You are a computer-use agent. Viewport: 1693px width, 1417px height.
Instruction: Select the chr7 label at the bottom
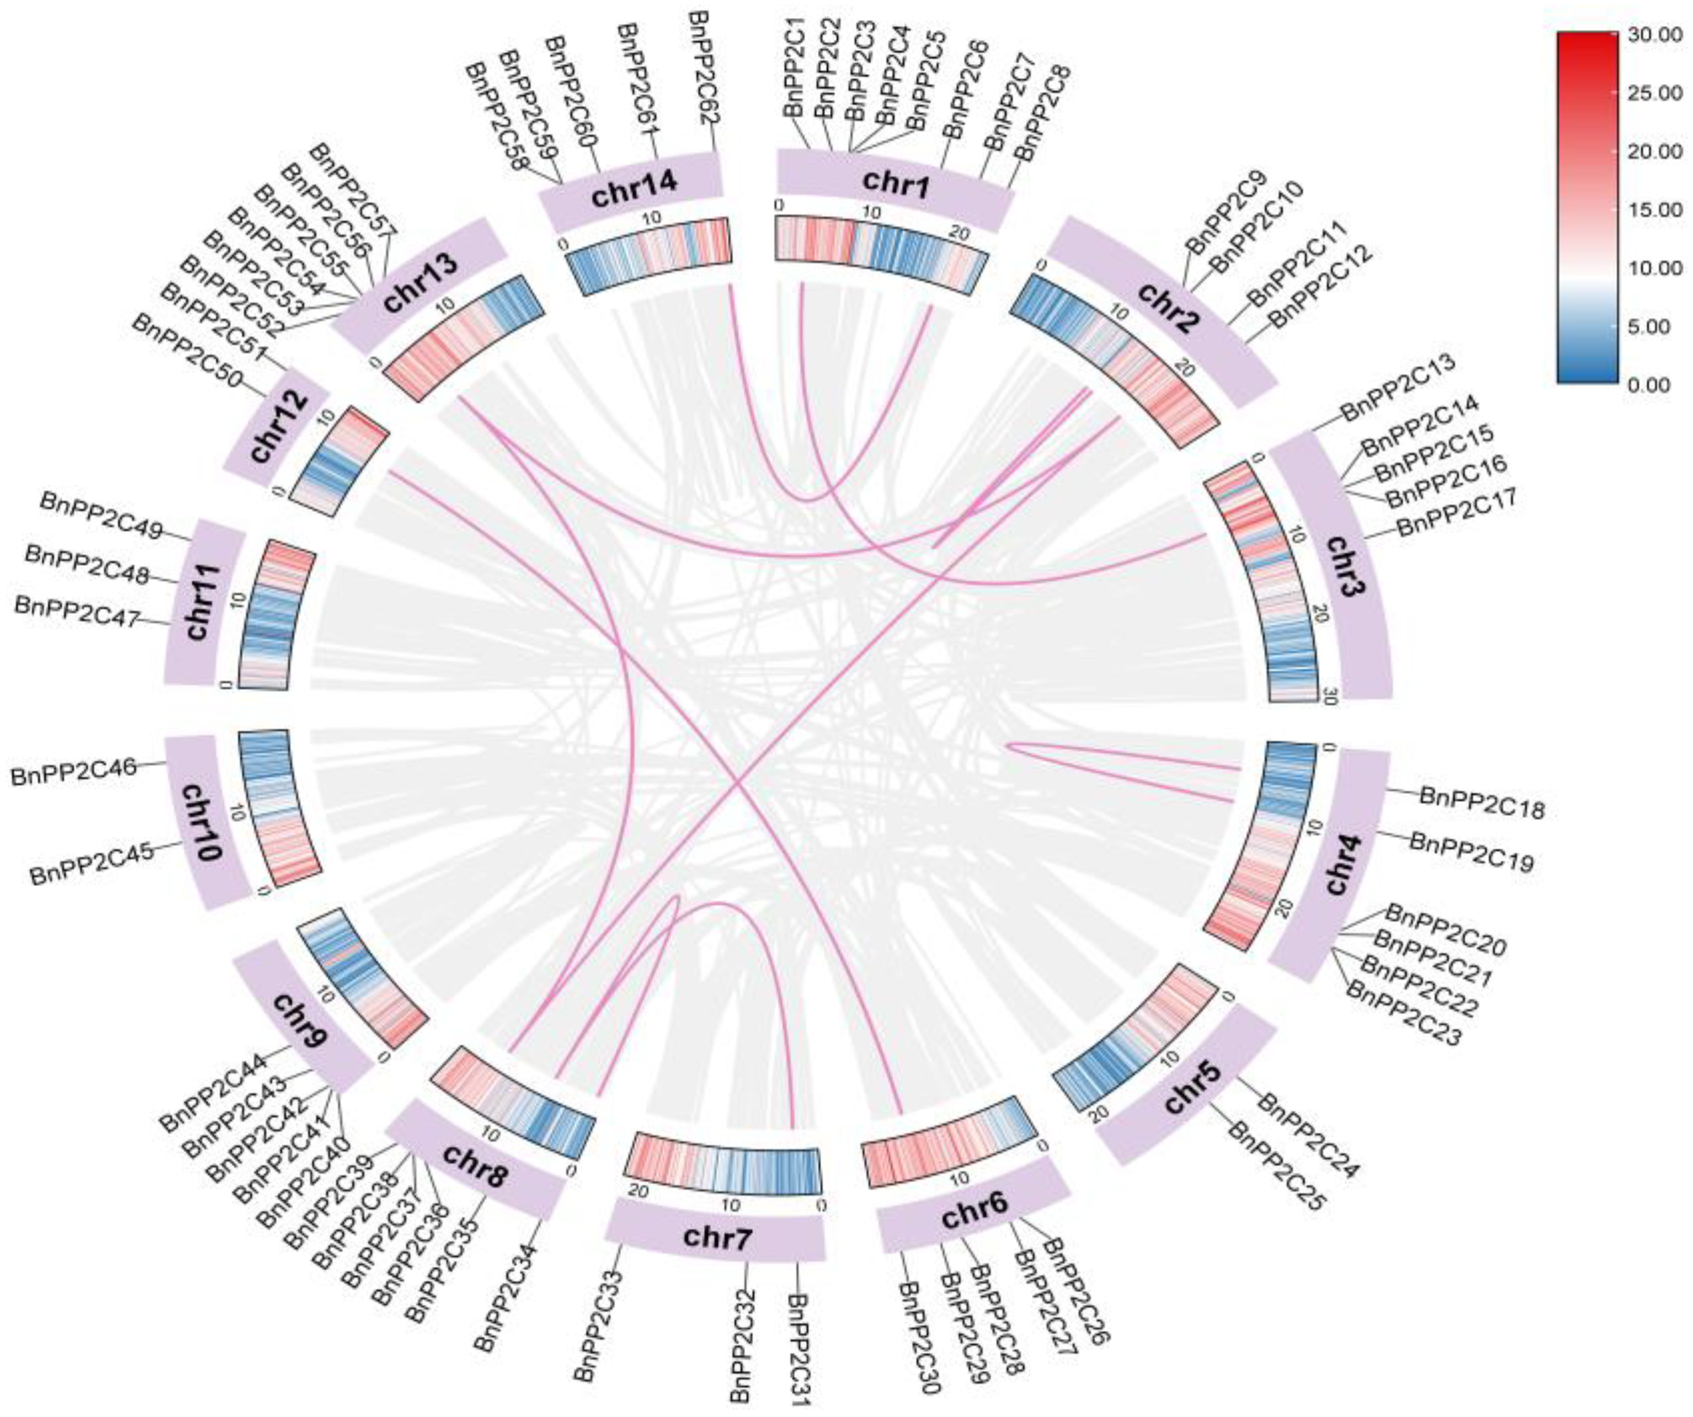point(717,1238)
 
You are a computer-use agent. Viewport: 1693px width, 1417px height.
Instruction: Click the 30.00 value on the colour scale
point(1653,35)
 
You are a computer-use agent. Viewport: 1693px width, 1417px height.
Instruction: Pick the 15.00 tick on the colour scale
point(1653,211)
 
